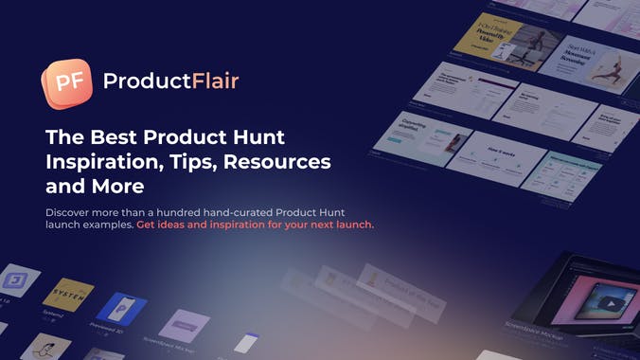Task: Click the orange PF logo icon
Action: click(x=66, y=82)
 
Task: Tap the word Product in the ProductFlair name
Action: click(x=137, y=81)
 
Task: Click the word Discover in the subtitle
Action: click(x=70, y=210)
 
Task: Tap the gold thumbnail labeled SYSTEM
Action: click(x=68, y=295)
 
